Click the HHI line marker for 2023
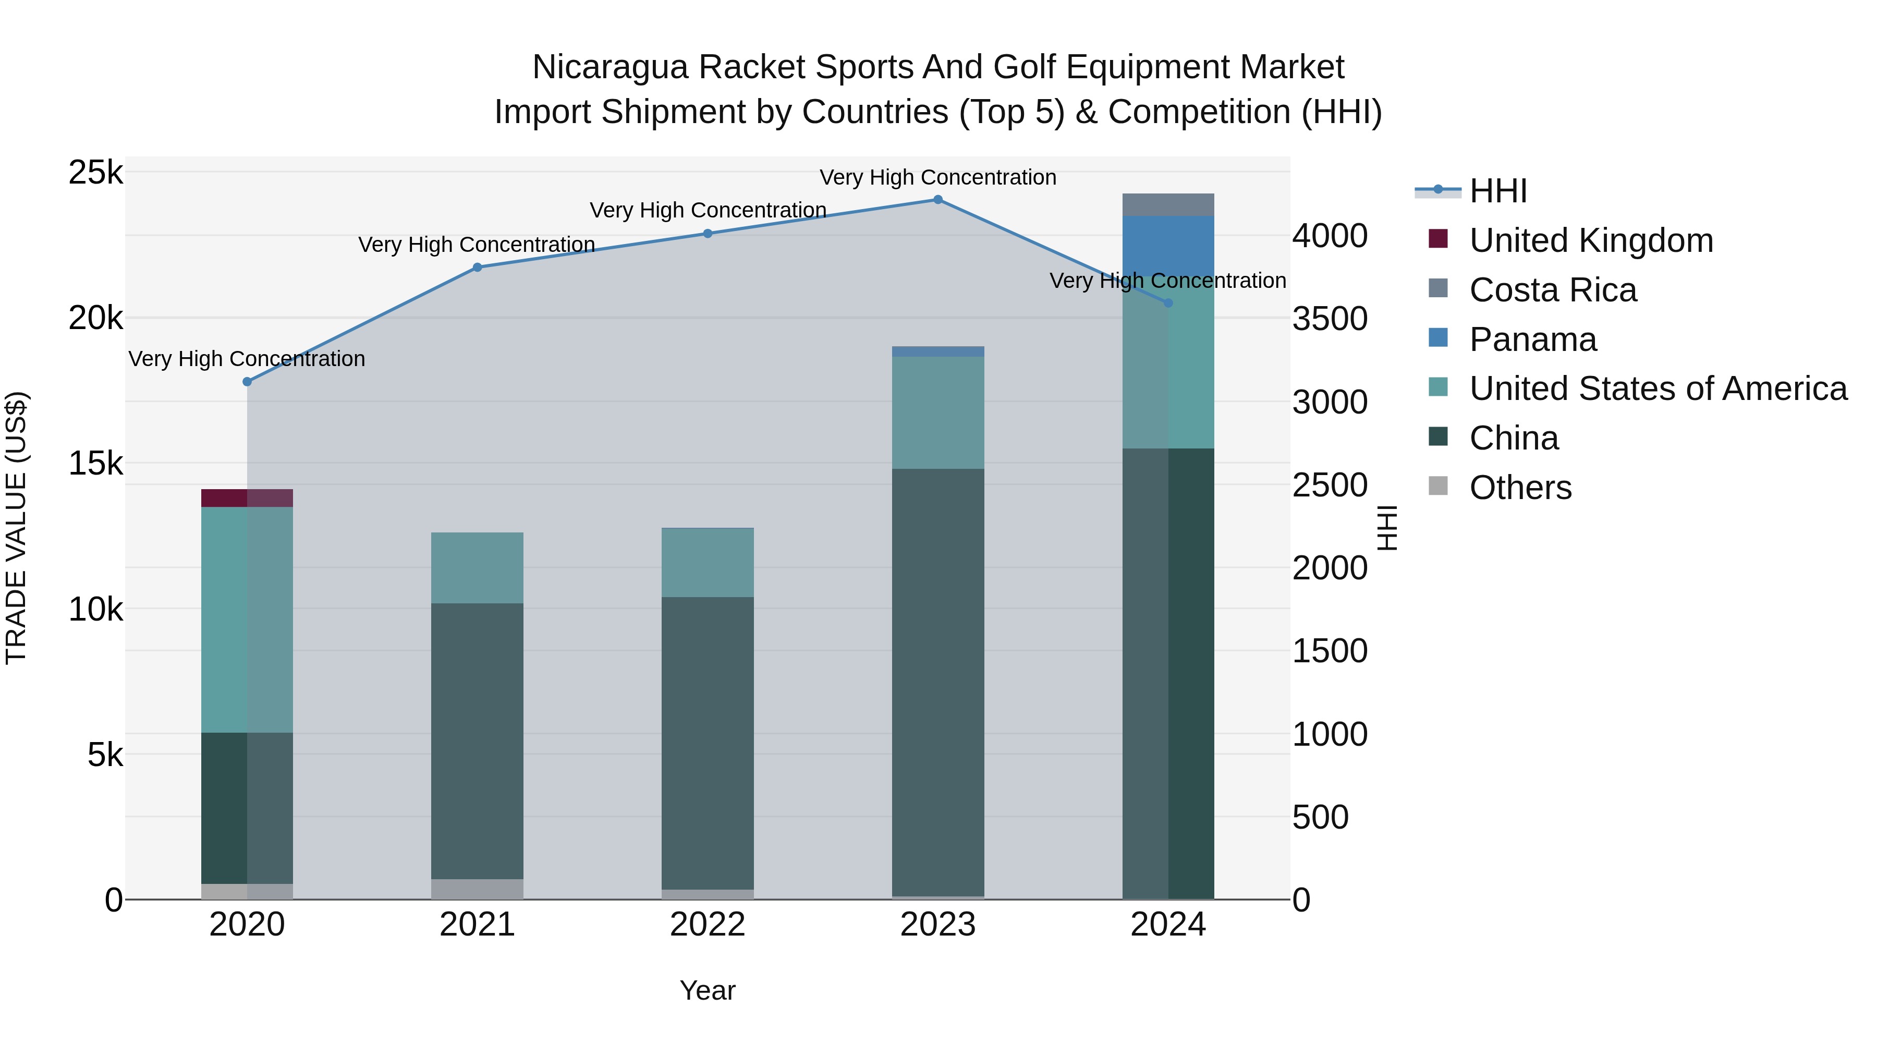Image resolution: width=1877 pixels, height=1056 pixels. (x=938, y=200)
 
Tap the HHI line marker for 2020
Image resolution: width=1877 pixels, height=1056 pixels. (x=247, y=382)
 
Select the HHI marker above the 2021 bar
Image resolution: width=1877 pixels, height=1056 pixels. (x=477, y=268)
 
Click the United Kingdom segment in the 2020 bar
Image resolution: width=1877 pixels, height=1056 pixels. (x=247, y=498)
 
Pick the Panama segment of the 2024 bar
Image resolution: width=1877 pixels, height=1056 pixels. (x=1168, y=246)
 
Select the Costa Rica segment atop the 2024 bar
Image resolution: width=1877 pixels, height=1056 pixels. (x=1168, y=205)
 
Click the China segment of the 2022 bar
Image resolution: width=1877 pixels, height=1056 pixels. (x=708, y=743)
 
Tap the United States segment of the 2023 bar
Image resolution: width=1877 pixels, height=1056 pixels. (x=938, y=412)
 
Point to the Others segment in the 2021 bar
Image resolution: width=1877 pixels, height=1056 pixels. (x=477, y=889)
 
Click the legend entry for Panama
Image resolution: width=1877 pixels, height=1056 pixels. (x=1533, y=339)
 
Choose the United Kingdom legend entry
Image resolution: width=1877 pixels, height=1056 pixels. (x=1591, y=240)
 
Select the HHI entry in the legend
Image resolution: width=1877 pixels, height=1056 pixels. (x=1497, y=191)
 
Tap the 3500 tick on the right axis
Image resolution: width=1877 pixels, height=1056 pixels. (x=1330, y=319)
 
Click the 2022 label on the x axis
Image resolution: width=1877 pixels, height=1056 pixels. (x=708, y=925)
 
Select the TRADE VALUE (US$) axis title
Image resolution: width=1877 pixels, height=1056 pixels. (x=17, y=528)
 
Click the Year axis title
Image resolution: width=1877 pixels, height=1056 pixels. (x=708, y=990)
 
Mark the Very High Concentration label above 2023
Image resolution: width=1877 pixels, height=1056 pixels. (x=938, y=178)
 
